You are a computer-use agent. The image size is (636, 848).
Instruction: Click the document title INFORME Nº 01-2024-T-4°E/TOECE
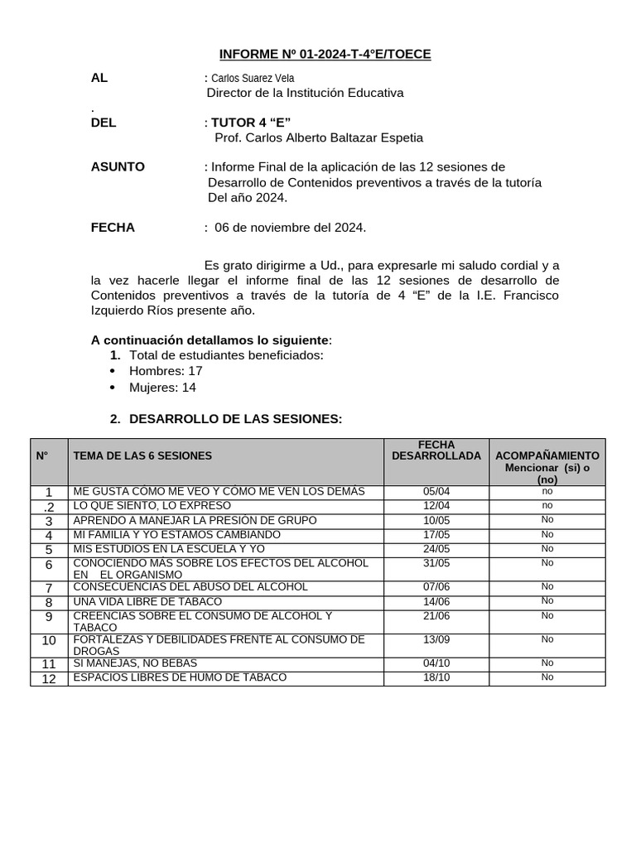(x=325, y=55)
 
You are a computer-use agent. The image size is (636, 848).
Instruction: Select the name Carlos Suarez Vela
(x=253, y=78)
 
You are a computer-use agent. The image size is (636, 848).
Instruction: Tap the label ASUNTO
(x=118, y=166)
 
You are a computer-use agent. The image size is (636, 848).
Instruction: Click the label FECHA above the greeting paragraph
(x=113, y=227)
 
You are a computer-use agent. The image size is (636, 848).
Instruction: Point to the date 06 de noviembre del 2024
(x=290, y=227)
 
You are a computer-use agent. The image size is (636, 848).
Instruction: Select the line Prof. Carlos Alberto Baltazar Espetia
(x=318, y=137)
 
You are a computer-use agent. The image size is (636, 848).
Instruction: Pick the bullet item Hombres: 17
(x=166, y=371)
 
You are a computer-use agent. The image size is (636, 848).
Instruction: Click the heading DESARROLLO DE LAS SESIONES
(x=235, y=419)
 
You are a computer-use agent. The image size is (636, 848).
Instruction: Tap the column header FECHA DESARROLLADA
(x=436, y=450)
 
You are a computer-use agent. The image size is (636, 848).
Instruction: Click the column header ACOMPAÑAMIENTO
(x=547, y=455)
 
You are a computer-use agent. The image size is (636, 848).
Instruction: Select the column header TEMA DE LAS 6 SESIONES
(x=142, y=455)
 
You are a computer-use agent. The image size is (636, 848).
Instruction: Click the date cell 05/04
(x=436, y=491)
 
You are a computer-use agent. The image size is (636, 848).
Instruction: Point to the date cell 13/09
(x=436, y=639)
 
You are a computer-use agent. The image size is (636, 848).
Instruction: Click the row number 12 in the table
(x=49, y=678)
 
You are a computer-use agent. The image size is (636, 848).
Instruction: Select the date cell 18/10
(x=436, y=677)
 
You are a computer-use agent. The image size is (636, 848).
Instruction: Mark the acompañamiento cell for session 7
(x=547, y=586)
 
